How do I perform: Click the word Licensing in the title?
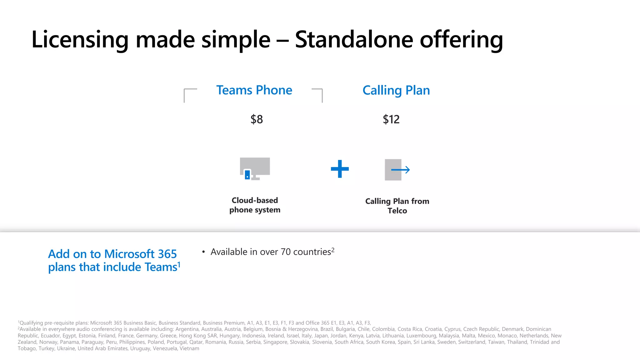80,40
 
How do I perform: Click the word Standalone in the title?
354,40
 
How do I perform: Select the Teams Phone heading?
254,90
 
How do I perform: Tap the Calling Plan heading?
396,90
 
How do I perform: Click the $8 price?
257,119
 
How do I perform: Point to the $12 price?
391,119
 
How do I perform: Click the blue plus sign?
340,169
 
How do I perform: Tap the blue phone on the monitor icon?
247,174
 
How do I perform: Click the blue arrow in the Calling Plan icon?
401,170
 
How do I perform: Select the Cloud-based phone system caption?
255,205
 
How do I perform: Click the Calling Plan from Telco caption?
397,206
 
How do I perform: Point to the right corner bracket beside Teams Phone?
318,94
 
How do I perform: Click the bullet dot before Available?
203,252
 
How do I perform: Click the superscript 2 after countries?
333,250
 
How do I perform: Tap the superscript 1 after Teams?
179,264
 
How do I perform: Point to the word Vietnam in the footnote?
189,348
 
